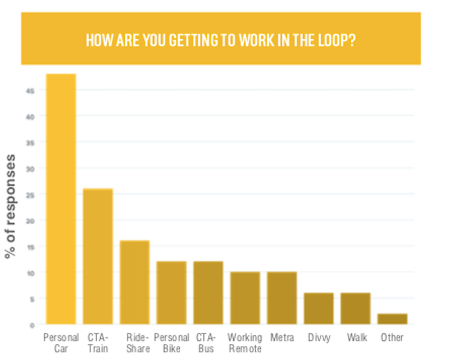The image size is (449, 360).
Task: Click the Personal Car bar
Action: [61, 199]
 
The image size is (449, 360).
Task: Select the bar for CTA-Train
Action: [98, 257]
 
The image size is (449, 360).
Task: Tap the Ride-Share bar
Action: [134, 282]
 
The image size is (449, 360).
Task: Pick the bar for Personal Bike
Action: [171, 293]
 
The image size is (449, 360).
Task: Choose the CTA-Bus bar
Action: [208, 293]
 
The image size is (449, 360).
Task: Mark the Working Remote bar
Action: [245, 298]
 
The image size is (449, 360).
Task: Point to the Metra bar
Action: [282, 298]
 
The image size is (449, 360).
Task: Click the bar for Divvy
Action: [319, 308]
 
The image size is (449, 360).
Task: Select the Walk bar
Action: [356, 308]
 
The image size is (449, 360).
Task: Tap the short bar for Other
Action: [392, 319]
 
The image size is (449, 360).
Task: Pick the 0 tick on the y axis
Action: [33, 325]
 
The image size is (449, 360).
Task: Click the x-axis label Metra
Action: [282, 338]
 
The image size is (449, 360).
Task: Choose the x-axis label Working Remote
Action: [245, 343]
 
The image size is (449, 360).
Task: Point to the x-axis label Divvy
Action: [319, 338]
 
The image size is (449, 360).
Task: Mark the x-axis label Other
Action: [392, 338]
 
